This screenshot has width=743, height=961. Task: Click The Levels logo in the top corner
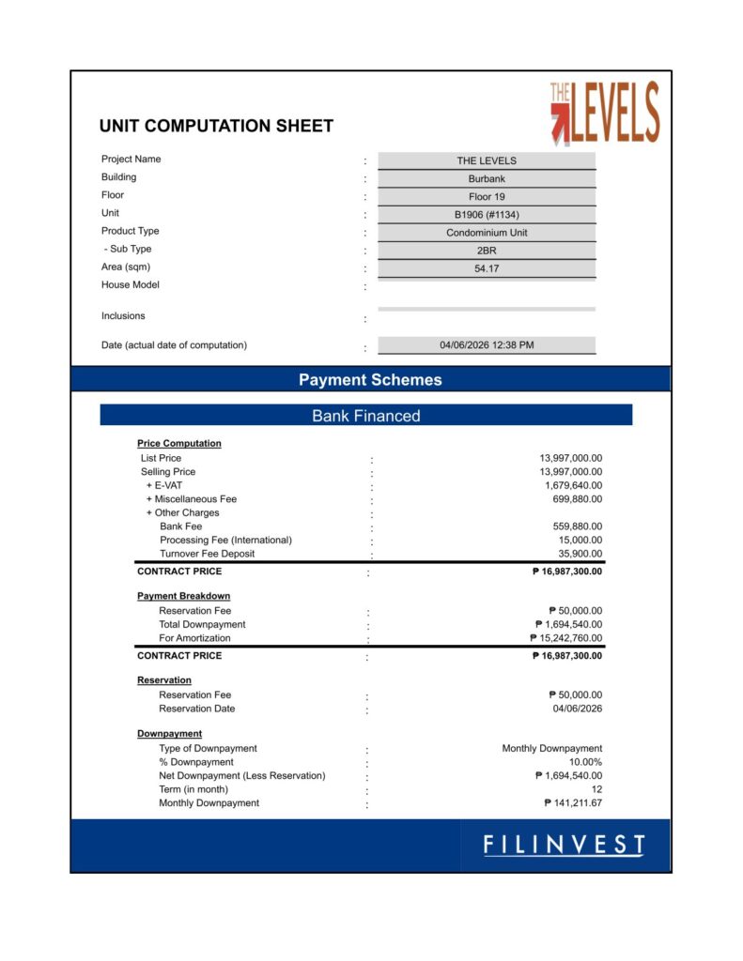[605, 114]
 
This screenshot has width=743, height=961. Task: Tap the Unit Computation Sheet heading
[216, 126]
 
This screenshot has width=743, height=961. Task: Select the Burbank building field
[487, 178]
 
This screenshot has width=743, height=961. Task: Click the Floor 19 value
[487, 197]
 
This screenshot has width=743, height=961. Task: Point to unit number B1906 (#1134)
[487, 215]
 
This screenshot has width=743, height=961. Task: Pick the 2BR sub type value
[487, 251]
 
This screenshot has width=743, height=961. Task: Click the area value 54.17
[487, 268]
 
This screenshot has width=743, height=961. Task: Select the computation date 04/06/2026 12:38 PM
[487, 345]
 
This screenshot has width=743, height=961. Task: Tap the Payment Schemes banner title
[370, 380]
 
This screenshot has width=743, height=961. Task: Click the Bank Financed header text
[366, 416]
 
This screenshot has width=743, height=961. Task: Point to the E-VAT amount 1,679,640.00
[573, 486]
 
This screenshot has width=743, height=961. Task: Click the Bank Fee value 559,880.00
[577, 526]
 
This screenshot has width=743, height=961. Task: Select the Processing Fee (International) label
[225, 541]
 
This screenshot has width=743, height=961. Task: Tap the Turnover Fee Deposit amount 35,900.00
[580, 554]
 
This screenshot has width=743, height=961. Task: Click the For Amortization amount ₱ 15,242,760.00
[565, 638]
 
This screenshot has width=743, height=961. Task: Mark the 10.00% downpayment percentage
[585, 763]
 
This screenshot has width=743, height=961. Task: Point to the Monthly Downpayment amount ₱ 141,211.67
[573, 803]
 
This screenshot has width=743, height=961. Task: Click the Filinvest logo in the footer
[564, 845]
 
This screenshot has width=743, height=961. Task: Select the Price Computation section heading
[179, 443]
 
